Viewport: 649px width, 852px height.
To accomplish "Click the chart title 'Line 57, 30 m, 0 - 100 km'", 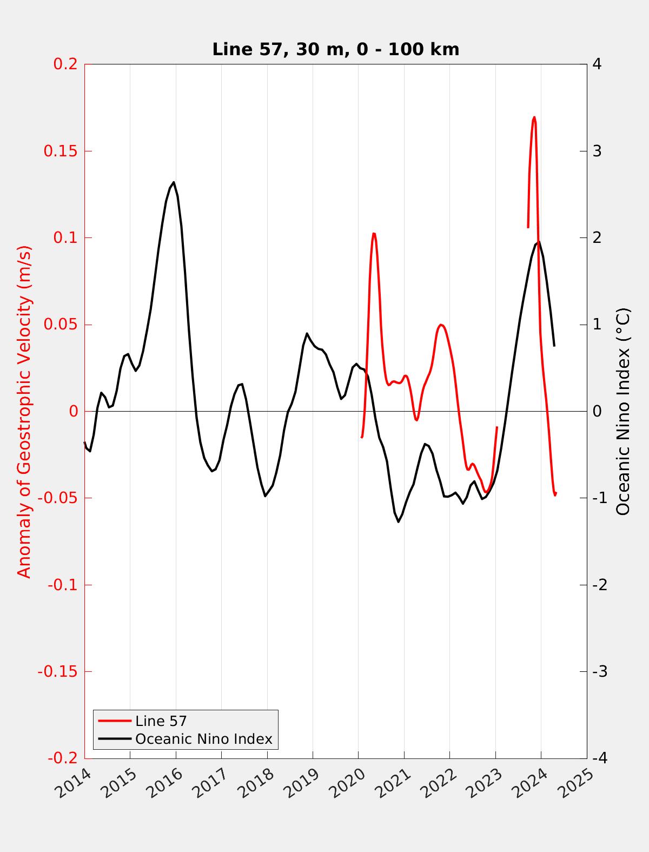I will pos(335,49).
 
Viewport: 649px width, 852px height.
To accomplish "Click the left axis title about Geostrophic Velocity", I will pos(24,411).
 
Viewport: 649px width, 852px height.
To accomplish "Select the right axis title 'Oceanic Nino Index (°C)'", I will pos(623,411).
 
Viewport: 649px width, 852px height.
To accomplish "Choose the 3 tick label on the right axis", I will pos(597,151).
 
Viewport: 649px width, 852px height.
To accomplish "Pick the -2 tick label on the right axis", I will pos(599,585).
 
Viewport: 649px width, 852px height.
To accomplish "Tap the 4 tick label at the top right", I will pos(597,64).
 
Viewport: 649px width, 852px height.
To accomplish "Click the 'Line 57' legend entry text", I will pos(161,721).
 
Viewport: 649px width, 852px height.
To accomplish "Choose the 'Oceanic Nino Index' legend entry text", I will pos(203,738).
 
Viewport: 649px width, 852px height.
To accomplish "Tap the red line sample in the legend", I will pos(115,721).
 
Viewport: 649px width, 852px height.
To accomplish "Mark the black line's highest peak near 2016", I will pos(174,182).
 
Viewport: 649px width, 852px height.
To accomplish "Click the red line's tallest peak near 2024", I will pos(534,117).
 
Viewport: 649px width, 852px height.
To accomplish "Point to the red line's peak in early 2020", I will pos(374,233).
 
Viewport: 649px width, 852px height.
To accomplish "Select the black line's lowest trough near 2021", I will pos(399,522).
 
